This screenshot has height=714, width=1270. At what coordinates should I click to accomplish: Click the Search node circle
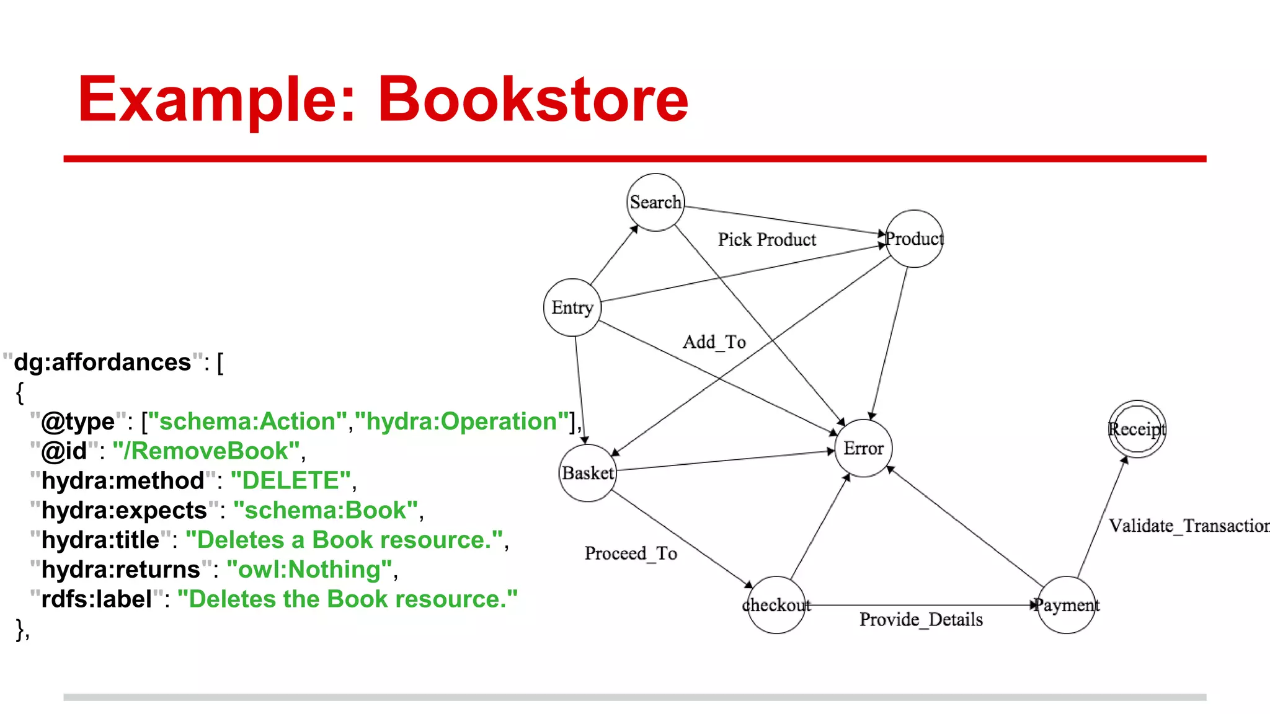pyautogui.click(x=655, y=202)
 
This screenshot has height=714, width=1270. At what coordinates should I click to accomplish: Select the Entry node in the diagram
pyautogui.click(x=572, y=307)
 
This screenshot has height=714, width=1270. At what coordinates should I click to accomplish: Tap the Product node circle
pyautogui.click(x=914, y=239)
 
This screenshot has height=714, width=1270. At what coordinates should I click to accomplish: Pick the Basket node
pyautogui.click(x=588, y=473)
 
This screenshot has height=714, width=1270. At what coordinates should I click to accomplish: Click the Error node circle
pyautogui.click(x=864, y=448)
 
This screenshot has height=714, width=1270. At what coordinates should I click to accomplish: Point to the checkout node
pyautogui.click(x=776, y=605)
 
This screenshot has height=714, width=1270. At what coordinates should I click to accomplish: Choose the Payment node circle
pyautogui.click(x=1067, y=605)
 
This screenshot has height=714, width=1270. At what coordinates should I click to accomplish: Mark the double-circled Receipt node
pyautogui.click(x=1137, y=429)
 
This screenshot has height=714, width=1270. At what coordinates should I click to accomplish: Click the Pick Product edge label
pyautogui.click(x=767, y=240)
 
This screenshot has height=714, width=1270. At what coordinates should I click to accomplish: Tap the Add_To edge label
pyautogui.click(x=714, y=342)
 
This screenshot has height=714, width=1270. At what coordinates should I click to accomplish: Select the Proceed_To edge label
pyautogui.click(x=631, y=553)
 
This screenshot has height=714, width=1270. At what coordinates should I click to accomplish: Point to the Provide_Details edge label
pyautogui.click(x=921, y=620)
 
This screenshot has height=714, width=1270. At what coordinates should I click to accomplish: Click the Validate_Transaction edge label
pyautogui.click(x=1188, y=526)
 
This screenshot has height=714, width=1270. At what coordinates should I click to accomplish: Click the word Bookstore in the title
pyautogui.click(x=533, y=99)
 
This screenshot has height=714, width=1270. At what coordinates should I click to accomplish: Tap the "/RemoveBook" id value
pyautogui.click(x=206, y=451)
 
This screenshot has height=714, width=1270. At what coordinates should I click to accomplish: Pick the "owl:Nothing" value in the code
pyautogui.click(x=309, y=570)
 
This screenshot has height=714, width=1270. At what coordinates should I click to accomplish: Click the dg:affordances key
pyautogui.click(x=102, y=363)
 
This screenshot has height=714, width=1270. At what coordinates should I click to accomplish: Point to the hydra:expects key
pyautogui.click(x=124, y=511)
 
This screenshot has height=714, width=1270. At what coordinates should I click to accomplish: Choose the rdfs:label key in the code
pyautogui.click(x=97, y=599)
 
